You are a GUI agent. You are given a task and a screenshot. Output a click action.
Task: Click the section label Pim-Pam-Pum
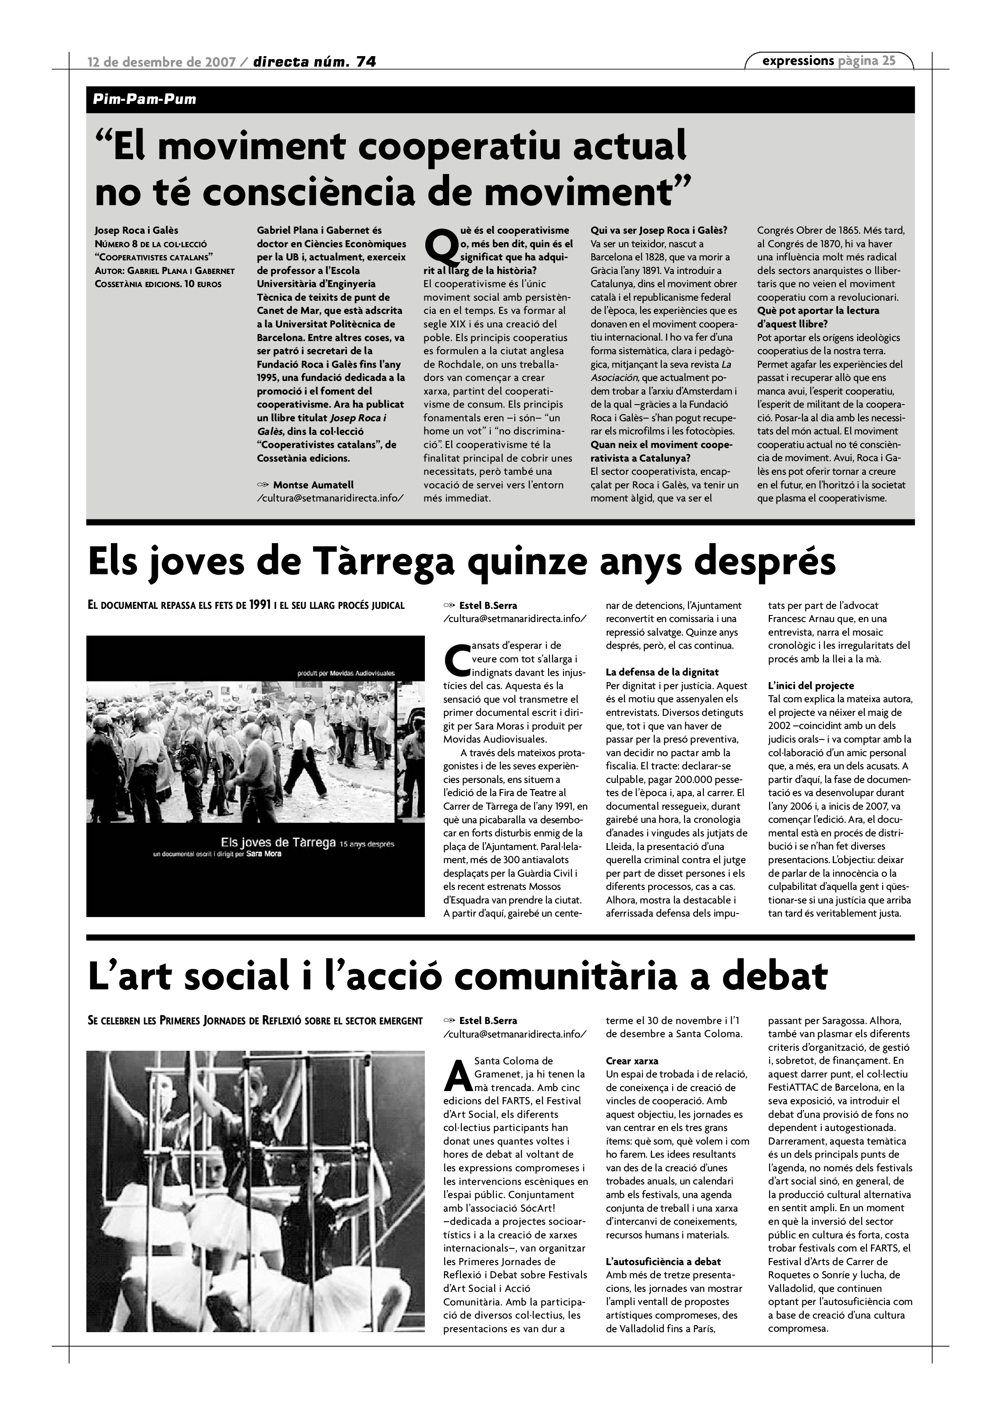[x=145, y=99]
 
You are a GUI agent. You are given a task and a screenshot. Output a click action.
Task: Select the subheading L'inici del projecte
[x=811, y=685]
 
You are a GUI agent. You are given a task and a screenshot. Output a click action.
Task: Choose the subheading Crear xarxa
[x=632, y=1061]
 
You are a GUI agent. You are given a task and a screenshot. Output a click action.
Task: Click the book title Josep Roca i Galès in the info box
[x=136, y=231]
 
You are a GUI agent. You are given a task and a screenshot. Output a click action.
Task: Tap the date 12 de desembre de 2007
[x=161, y=62]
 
